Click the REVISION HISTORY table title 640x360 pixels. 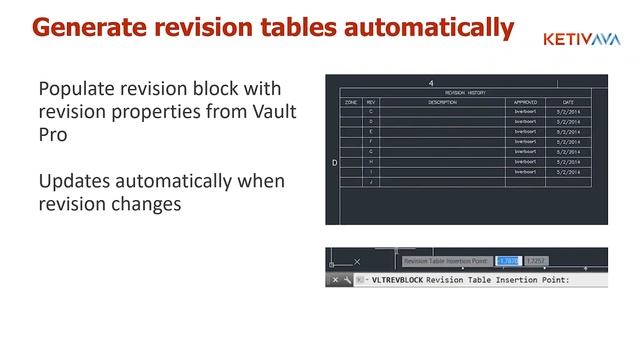(x=465, y=93)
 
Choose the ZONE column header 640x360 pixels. (x=351, y=102)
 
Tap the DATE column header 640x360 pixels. (x=568, y=102)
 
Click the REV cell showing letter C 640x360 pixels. (x=372, y=111)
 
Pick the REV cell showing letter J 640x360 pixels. (x=372, y=182)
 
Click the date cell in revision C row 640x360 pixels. (x=568, y=111)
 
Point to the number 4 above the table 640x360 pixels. (x=430, y=83)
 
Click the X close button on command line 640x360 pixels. (x=335, y=280)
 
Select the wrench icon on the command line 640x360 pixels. (x=348, y=280)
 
